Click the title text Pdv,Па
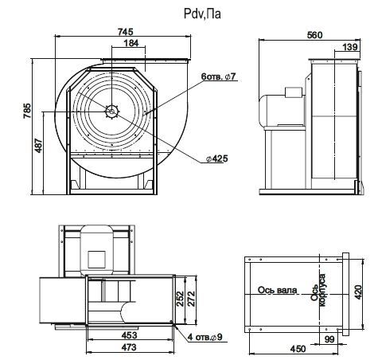[x=202, y=14]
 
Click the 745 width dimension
[x=125, y=32]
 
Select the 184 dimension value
[x=131, y=43]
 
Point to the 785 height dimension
[x=27, y=111]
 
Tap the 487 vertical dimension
[x=39, y=145]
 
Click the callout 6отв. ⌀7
[x=218, y=76]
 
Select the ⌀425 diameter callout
[x=217, y=158]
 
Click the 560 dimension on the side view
[x=314, y=35]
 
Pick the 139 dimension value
[x=350, y=47]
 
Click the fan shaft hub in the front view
[x=112, y=112]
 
